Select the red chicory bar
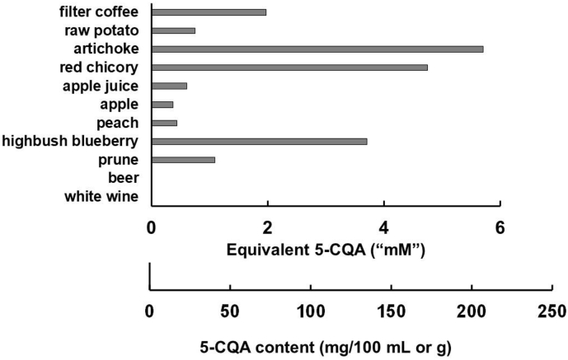[x=289, y=68]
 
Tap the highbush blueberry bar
[x=259, y=142]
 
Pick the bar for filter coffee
[x=209, y=12]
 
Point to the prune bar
[x=183, y=160]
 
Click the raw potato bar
[x=173, y=30]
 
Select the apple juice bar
[x=169, y=86]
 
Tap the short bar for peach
[x=164, y=123]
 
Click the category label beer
[x=123, y=178]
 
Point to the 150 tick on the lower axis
[x=391, y=311]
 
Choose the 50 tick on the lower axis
[x=229, y=311]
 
